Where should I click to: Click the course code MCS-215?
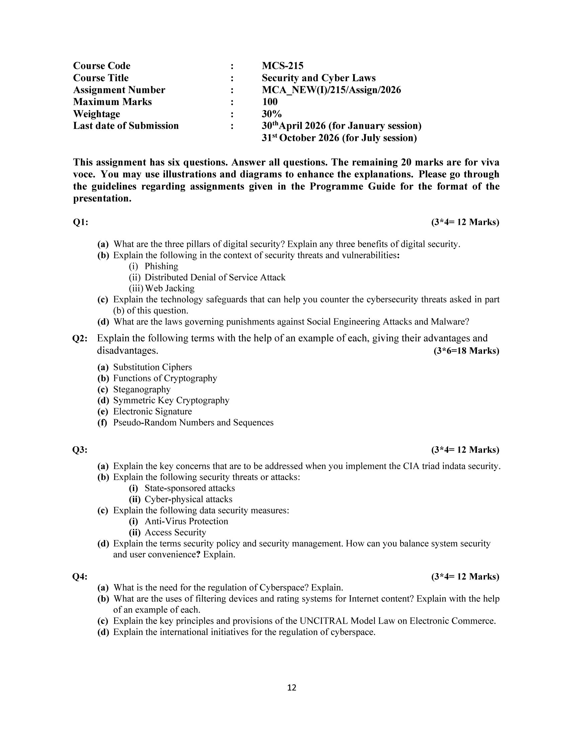coord(282,66)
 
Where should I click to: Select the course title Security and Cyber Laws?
coord(319,78)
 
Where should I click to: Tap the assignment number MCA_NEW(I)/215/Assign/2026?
coord(331,90)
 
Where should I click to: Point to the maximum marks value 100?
coord(270,102)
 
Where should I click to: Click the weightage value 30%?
coord(272,114)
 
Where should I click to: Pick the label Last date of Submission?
coord(126,126)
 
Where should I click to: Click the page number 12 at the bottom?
coord(292,688)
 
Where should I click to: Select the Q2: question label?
coord(80,339)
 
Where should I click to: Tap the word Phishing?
coord(161,266)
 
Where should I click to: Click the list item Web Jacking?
coord(170,288)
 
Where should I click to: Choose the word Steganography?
coord(142,389)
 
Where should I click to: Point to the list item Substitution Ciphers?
coord(152,367)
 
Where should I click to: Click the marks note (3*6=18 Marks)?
coord(466,351)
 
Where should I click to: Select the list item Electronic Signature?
coord(152,411)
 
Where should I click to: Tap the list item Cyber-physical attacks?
coord(188,499)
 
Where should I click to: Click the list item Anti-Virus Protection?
coord(186,521)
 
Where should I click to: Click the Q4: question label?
coord(80,577)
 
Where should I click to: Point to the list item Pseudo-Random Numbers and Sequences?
coord(193,423)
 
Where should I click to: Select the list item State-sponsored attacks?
coord(190,488)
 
